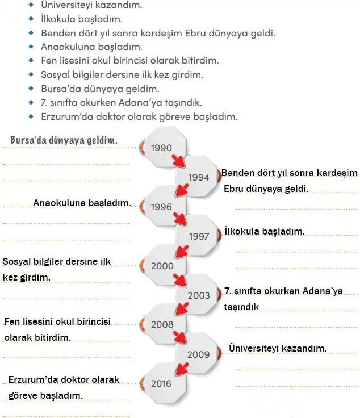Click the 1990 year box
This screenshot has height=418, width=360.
tap(162, 148)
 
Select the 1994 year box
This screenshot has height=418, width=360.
tap(198, 177)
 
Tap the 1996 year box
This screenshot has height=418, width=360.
tap(162, 207)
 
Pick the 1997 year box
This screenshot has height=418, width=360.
tap(198, 236)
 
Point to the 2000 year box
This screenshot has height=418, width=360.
tap(162, 266)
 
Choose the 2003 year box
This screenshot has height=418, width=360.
tap(198, 295)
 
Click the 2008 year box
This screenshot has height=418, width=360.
tap(162, 325)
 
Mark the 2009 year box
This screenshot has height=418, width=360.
tap(198, 354)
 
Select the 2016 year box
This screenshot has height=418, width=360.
tap(162, 384)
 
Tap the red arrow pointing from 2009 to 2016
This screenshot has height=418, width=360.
tap(181, 368)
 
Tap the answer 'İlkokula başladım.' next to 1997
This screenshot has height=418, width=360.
tap(265, 231)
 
